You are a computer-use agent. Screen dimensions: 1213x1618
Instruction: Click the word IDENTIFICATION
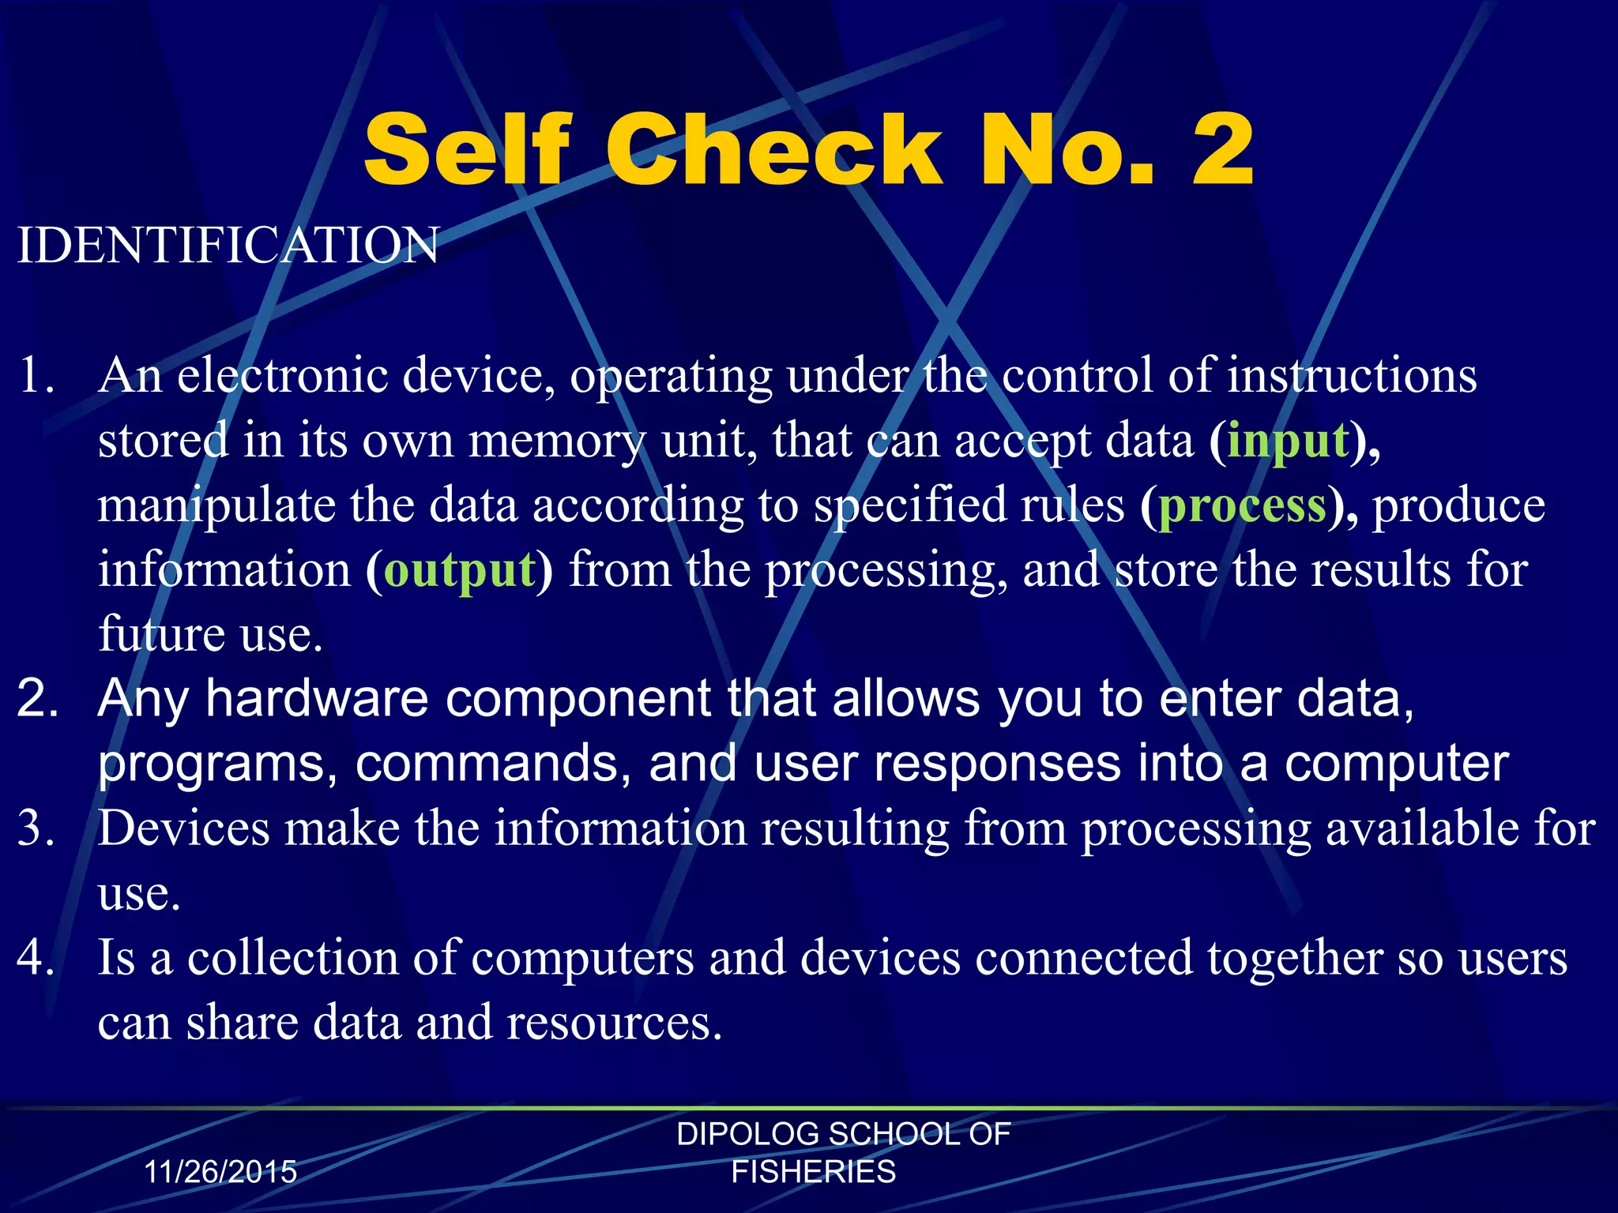(228, 245)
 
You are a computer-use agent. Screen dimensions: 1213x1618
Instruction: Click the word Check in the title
(774, 150)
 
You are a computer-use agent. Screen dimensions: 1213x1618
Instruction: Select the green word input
(1288, 440)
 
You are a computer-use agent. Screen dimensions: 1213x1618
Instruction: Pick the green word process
(1242, 505)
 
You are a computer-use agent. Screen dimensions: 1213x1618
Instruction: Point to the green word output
(460, 569)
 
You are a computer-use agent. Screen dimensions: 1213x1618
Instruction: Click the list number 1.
(35, 375)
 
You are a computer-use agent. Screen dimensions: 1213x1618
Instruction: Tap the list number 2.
(36, 699)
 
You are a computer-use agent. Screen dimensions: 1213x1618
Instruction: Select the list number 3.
(35, 828)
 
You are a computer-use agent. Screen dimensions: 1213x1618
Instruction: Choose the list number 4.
(35, 958)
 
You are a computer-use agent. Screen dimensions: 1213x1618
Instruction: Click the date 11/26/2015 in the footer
(220, 1172)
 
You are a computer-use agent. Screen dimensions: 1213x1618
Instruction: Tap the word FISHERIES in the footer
(814, 1172)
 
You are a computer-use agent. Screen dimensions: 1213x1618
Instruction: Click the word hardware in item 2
(316, 699)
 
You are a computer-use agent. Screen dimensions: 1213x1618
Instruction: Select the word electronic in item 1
(282, 375)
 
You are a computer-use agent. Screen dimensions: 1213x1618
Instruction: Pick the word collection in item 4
(292, 958)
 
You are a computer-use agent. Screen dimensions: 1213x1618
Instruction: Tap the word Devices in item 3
(184, 828)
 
